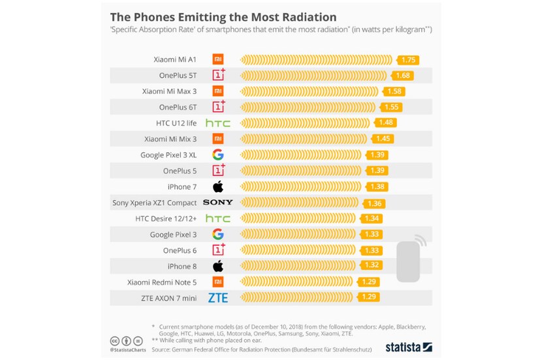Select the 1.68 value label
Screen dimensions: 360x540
(x=403, y=76)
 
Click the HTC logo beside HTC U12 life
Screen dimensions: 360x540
(x=217, y=123)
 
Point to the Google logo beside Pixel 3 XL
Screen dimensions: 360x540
(x=218, y=155)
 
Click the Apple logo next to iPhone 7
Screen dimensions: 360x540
(x=218, y=186)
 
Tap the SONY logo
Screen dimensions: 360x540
(x=217, y=203)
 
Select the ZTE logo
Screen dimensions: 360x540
(x=218, y=298)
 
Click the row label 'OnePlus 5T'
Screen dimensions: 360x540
(x=178, y=76)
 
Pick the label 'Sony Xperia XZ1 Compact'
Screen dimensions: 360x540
(x=154, y=203)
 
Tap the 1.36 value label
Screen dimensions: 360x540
(x=375, y=203)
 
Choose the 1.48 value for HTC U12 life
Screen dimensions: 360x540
(x=387, y=123)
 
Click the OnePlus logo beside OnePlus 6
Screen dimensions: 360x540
(x=218, y=250)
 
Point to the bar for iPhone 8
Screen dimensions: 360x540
(x=300, y=266)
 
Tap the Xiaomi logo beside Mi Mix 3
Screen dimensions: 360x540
(x=218, y=139)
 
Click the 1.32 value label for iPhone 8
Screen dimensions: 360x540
(x=370, y=266)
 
